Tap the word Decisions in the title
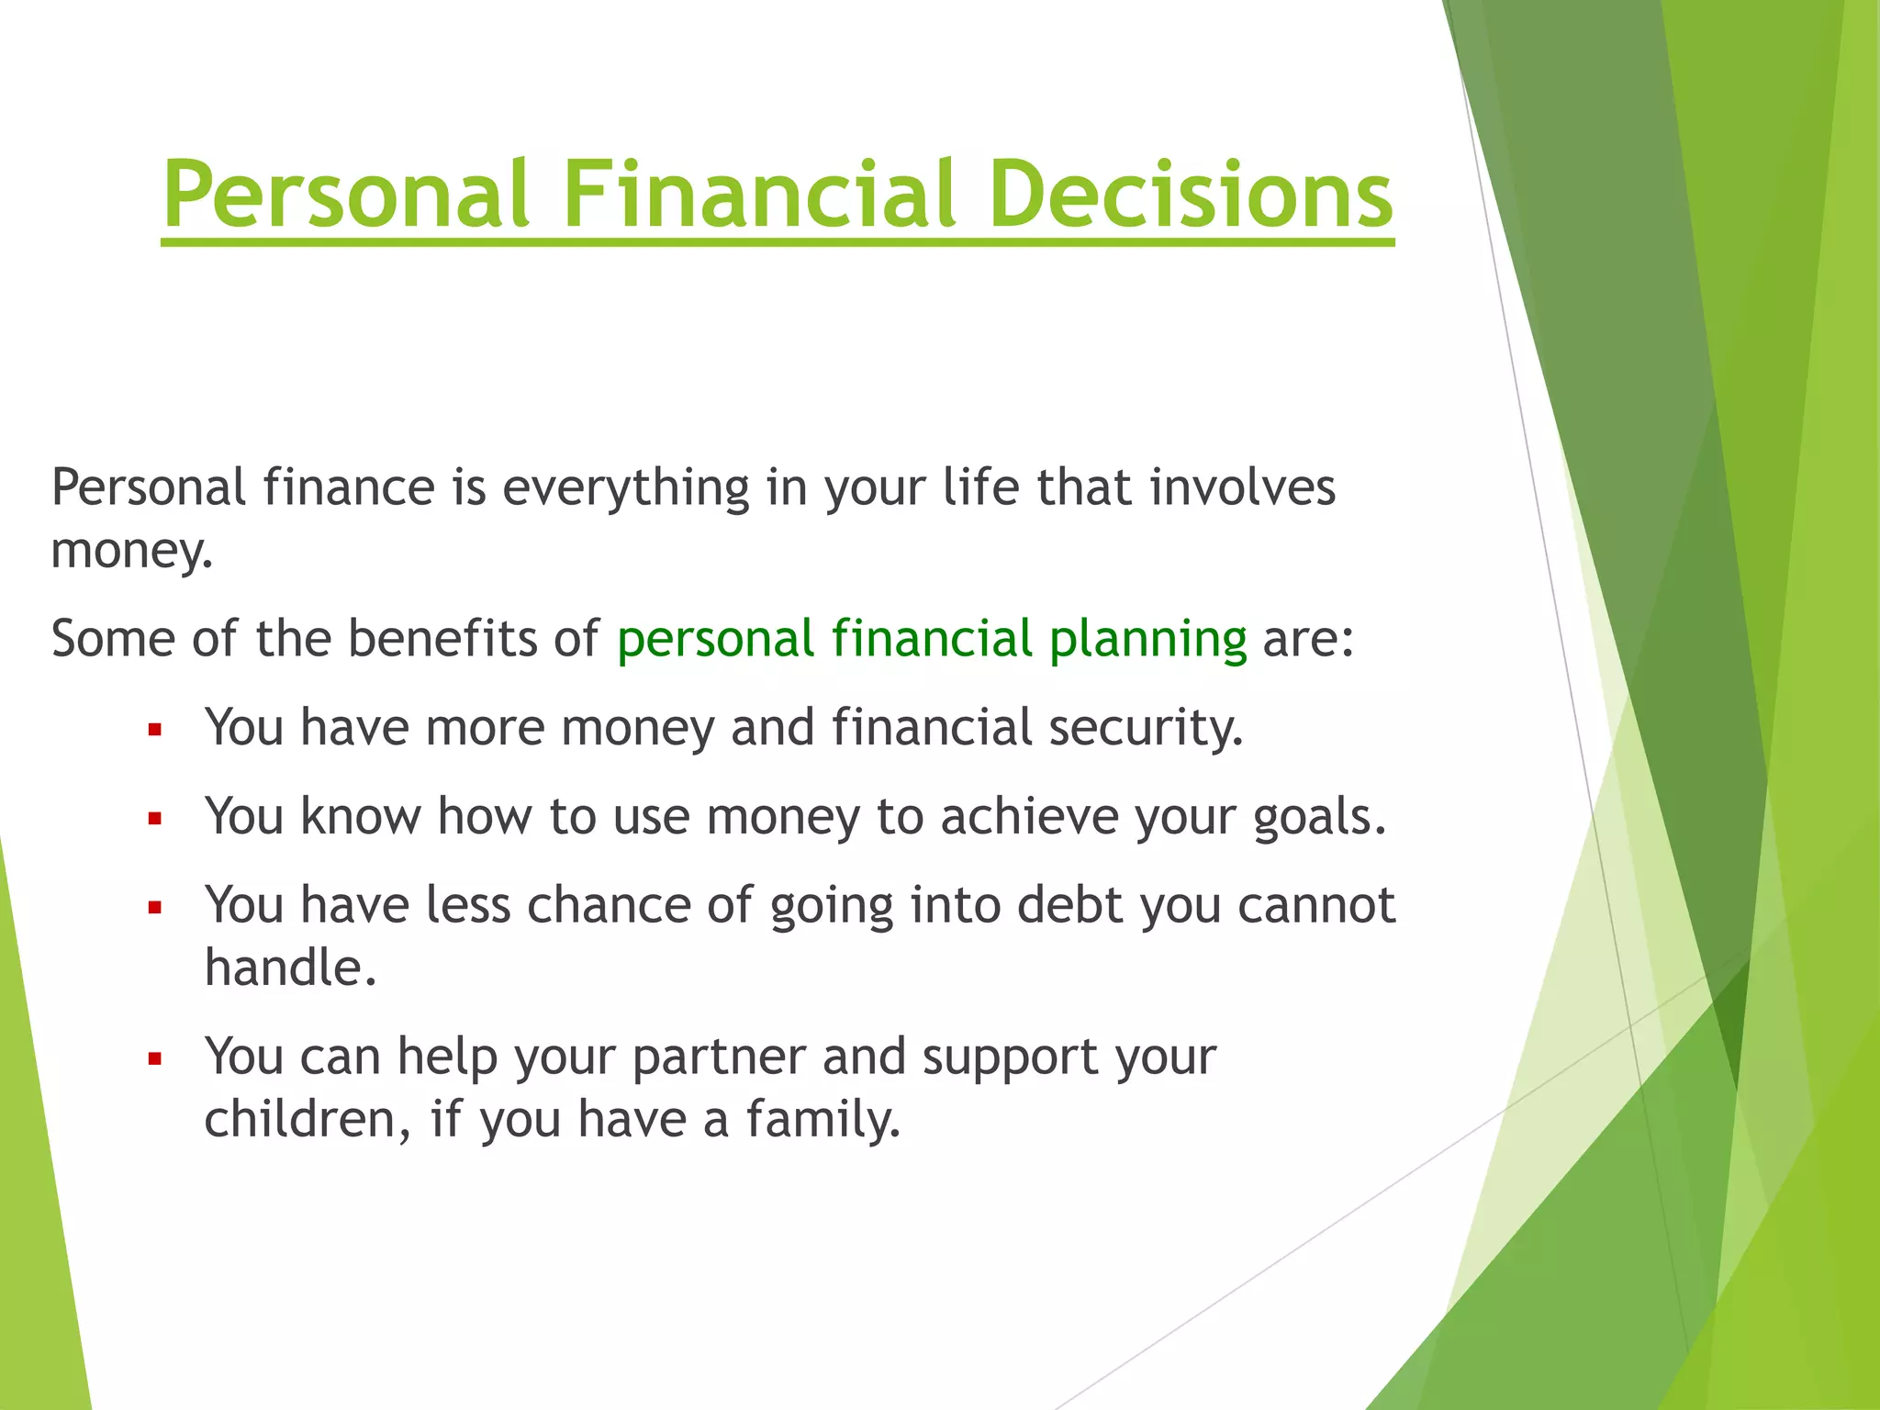[1191, 195]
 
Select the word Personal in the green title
[346, 195]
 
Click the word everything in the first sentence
[625, 489]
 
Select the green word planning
[1147, 641]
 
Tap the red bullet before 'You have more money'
[155, 731]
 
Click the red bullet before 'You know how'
[155, 819]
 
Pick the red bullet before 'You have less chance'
[155, 908]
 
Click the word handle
[289, 968]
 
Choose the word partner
[719, 1058]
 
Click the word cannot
[1316, 906]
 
